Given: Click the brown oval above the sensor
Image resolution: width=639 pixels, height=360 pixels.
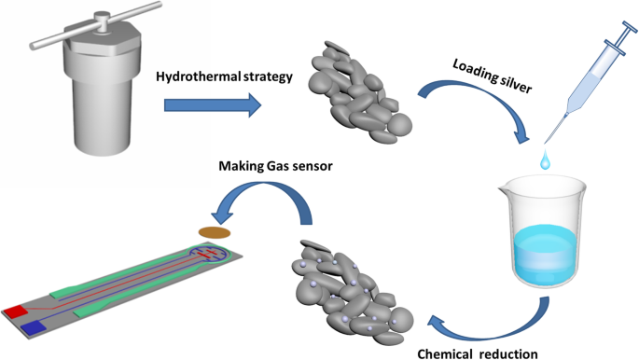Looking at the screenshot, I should point(214,231).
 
